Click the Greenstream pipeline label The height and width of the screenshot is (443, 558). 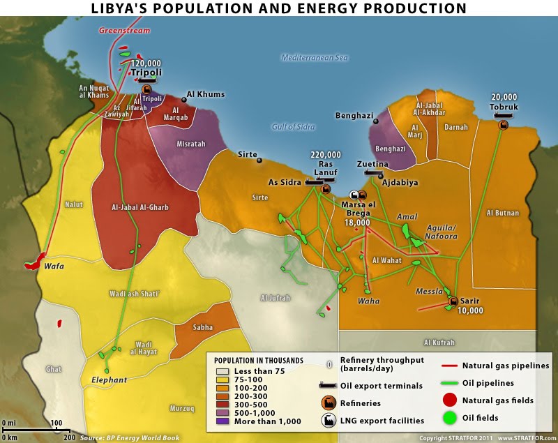(x=125, y=31)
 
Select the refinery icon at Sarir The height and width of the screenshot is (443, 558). (x=453, y=301)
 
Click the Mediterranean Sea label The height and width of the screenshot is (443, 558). (x=314, y=58)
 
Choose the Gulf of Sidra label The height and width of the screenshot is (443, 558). (x=293, y=127)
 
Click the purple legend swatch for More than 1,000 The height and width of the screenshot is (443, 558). (x=222, y=421)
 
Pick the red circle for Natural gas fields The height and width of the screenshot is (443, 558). (x=451, y=400)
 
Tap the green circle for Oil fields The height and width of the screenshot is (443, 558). (x=451, y=419)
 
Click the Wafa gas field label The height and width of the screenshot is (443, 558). (x=47, y=266)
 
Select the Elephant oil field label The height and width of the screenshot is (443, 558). (x=110, y=380)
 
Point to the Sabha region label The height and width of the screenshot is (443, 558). (x=203, y=326)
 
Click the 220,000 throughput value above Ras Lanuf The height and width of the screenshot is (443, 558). (x=325, y=155)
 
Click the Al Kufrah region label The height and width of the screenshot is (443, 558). (x=439, y=343)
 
